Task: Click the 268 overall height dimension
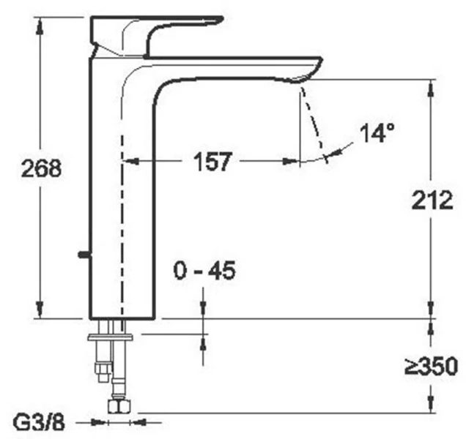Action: click(x=41, y=168)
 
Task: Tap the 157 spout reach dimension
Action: click(x=212, y=162)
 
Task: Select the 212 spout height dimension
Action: click(x=432, y=200)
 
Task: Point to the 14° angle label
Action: click(x=377, y=132)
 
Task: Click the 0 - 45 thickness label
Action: click(x=204, y=271)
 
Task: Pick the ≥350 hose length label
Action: click(x=431, y=366)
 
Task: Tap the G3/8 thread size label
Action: click(x=39, y=423)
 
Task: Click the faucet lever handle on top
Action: click(x=157, y=36)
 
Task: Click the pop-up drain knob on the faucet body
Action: click(x=85, y=255)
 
